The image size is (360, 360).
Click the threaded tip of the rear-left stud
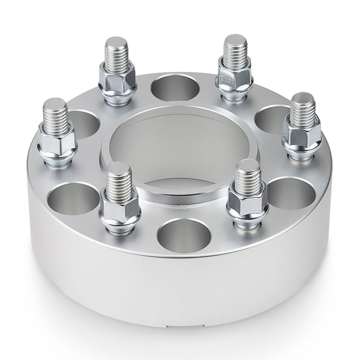tap(116, 51)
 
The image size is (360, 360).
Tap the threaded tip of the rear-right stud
tap(236, 48)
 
